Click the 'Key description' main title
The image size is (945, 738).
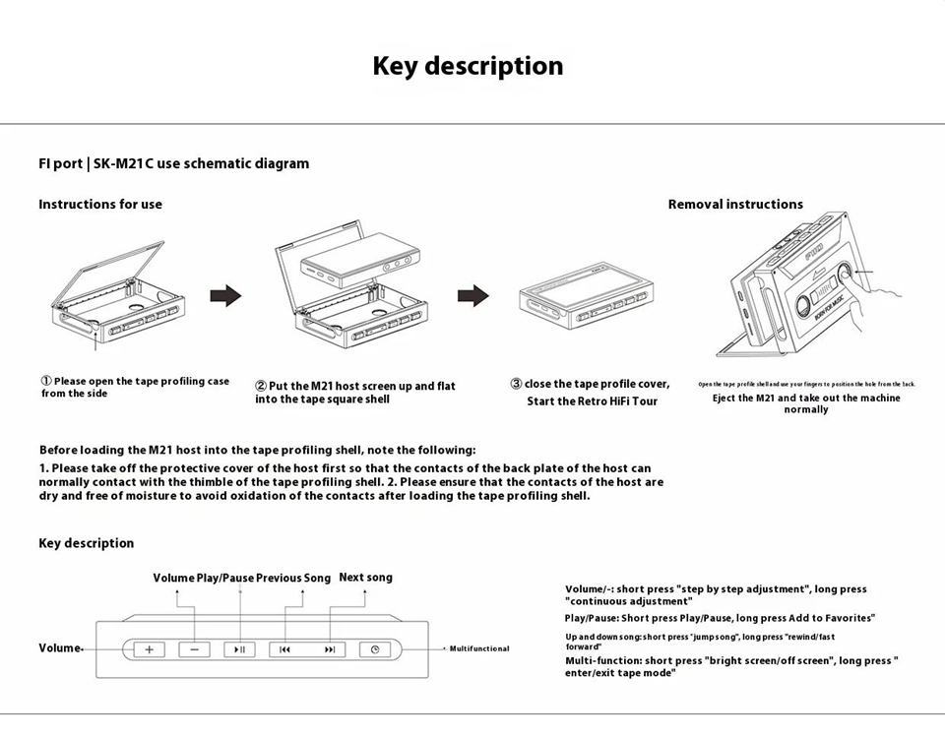click(x=468, y=66)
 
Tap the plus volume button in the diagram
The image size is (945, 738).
click(x=150, y=649)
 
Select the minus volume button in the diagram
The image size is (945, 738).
click(x=194, y=649)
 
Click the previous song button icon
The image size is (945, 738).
click(x=285, y=649)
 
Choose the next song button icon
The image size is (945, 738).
click(x=330, y=649)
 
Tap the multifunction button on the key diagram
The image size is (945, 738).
click(x=374, y=649)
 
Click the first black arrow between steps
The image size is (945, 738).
click(x=226, y=295)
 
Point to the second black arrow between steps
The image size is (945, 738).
click(x=473, y=295)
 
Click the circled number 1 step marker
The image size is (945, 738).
click(x=46, y=381)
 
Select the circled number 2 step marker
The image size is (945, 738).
click(x=261, y=386)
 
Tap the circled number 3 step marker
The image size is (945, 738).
click(x=516, y=384)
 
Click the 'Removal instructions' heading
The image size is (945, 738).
click(x=735, y=205)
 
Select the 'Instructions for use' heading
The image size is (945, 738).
click(x=100, y=205)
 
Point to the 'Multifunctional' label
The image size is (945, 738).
click(x=479, y=648)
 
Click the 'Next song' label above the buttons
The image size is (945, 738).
click(x=365, y=578)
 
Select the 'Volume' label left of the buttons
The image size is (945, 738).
click(x=59, y=648)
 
